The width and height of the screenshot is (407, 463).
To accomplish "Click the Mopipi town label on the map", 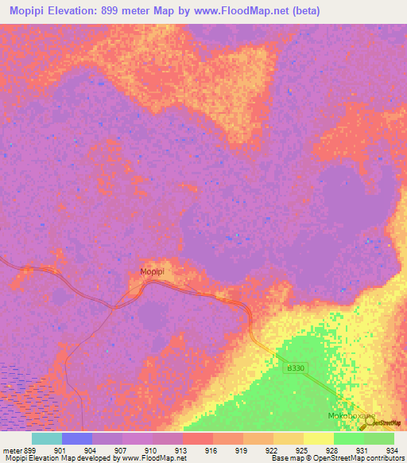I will (x=152, y=272).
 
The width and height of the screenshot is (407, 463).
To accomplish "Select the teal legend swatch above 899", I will (x=47, y=438).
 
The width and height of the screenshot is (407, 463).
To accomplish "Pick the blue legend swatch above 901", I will (x=77, y=438).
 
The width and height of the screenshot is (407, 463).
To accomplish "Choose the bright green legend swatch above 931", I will (x=349, y=438).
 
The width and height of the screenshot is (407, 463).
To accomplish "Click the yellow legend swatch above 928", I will (x=319, y=438).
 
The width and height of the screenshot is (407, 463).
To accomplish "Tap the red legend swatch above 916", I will (x=198, y=438).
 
